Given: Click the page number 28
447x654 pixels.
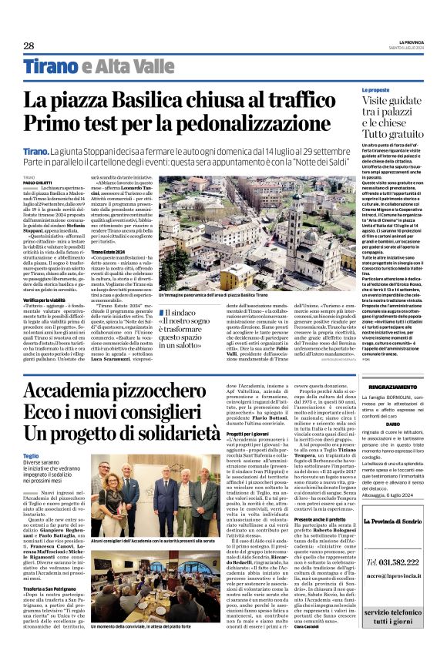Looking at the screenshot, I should point(29,45).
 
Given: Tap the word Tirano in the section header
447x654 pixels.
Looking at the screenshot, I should point(49,67).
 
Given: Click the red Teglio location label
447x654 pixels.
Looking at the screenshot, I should point(31,456).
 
